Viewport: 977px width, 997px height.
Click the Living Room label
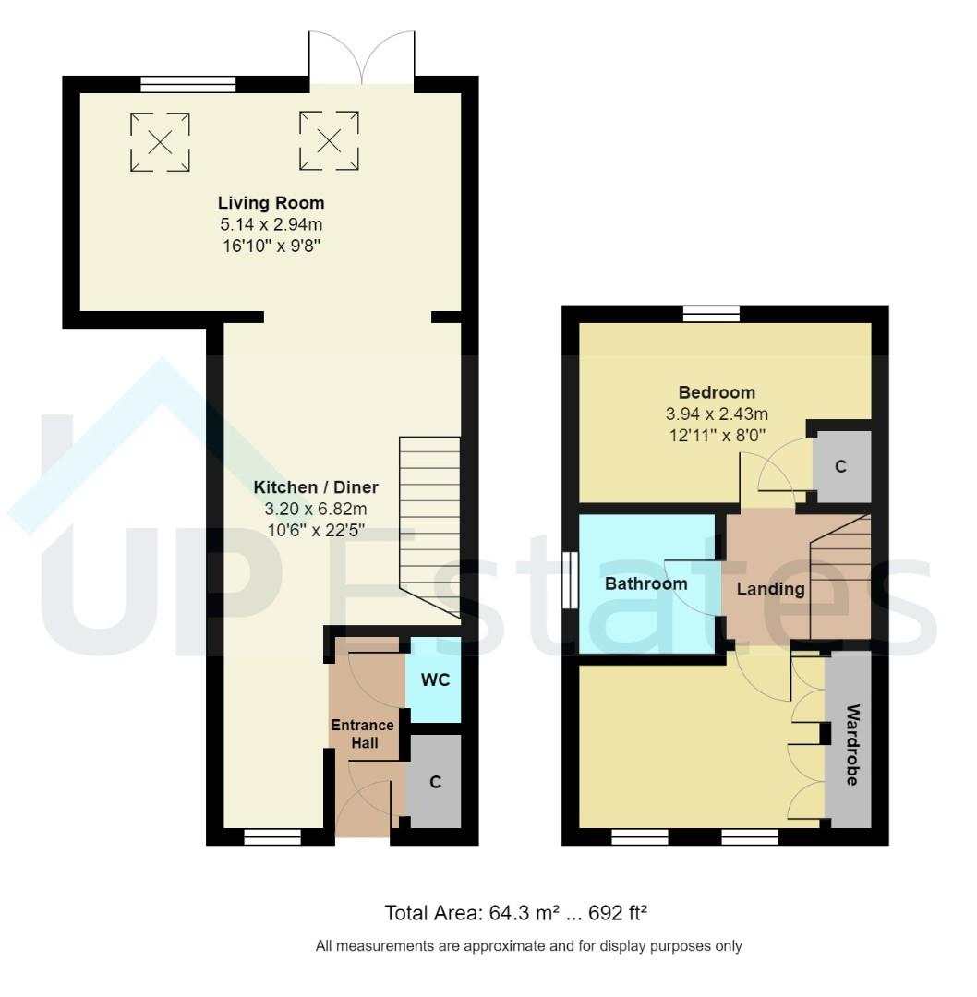coord(271,203)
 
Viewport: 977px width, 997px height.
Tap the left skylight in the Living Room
coord(160,141)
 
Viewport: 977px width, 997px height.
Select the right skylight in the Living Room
coord(328,140)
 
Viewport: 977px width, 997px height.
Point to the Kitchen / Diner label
coord(316,487)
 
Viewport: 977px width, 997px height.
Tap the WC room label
coord(435,680)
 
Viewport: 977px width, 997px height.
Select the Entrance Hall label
coord(363,734)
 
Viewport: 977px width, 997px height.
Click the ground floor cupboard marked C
coord(435,782)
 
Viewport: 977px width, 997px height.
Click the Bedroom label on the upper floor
coord(717,392)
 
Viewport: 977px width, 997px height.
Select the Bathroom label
coord(645,584)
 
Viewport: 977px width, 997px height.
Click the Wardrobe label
coord(851,744)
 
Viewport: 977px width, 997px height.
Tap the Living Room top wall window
coord(188,85)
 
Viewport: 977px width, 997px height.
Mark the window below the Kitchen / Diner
coord(272,837)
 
